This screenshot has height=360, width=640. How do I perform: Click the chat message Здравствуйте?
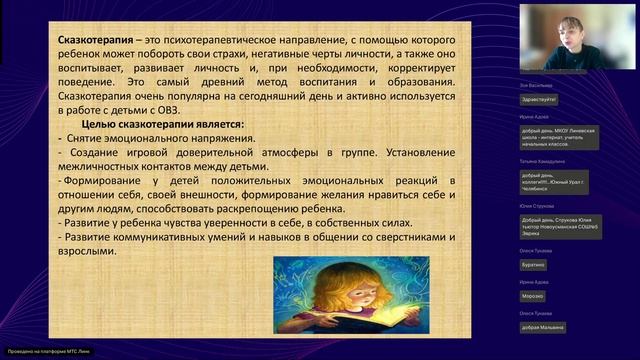point(539,100)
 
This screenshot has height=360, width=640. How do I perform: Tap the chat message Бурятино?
point(533,264)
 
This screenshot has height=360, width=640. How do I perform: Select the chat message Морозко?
point(532,296)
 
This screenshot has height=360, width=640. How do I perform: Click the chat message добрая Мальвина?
point(542,327)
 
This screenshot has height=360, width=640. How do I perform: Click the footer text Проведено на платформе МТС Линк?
point(42,352)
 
